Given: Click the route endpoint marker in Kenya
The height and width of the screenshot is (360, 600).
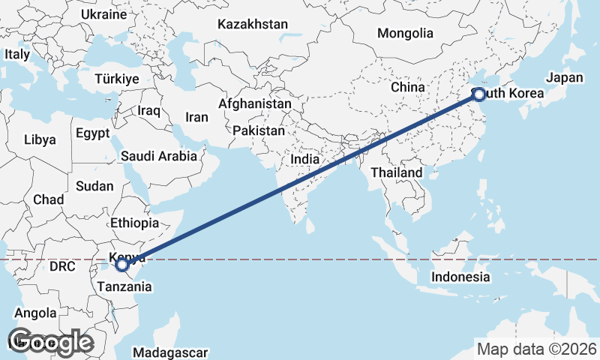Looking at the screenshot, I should pos(121,265).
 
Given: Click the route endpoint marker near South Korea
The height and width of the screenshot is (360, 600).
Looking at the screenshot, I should pos(478,94).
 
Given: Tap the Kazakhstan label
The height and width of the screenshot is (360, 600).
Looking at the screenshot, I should pos(253,25).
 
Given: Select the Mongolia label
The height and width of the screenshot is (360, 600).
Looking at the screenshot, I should pos(405,33).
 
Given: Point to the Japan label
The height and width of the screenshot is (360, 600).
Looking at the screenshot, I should pos(564,78).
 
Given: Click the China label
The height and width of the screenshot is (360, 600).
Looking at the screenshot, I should pos(407,87).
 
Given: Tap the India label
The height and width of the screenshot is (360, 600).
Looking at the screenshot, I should pos(305,159).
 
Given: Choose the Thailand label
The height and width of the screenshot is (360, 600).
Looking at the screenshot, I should pos(397,172).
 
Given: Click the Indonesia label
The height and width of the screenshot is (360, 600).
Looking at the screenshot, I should pos(460,277).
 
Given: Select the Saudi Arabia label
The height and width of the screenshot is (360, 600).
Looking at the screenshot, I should pos(159,157).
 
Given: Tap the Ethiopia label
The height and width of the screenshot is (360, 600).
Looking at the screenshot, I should pos(134,223).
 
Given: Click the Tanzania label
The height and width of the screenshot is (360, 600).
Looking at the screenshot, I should pos(124,286).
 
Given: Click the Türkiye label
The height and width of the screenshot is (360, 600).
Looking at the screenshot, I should pos(118,79).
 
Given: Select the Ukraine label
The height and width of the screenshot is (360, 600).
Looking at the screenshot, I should pos(104,14).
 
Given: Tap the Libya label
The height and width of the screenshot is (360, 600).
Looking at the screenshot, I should pos(40,139).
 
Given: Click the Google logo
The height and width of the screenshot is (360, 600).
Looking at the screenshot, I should pos(50,341).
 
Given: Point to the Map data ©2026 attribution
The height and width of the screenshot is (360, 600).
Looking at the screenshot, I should pos(537,349).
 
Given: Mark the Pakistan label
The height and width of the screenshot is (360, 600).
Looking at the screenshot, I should pos(259,130).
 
